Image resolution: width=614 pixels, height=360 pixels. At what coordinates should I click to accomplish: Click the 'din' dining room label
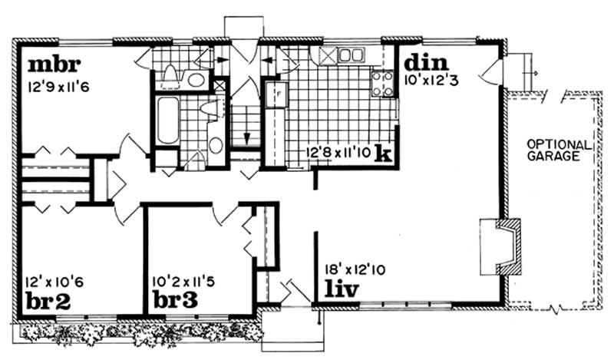426,61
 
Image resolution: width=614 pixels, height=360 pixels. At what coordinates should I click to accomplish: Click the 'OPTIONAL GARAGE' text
559,150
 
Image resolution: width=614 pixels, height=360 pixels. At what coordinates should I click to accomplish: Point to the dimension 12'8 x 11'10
339,153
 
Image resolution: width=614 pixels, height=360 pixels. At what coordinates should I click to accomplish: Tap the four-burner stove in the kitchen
381,84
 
